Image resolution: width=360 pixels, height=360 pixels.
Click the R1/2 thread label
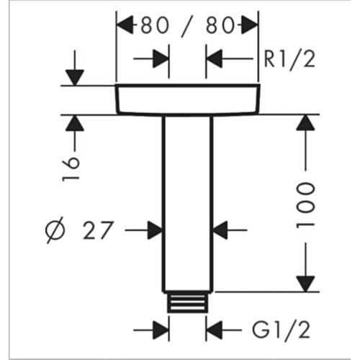289,59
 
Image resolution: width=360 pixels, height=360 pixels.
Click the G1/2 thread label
281,330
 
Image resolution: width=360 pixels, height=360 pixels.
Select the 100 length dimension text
305,206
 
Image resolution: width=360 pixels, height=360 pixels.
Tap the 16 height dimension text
71,169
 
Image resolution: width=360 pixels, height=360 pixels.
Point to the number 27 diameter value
97,230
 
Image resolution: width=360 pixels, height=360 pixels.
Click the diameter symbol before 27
55,230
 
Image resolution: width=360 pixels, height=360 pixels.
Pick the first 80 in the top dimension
155,25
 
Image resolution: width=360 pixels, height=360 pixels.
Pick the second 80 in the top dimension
220,25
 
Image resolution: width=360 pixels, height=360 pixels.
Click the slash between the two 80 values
187,26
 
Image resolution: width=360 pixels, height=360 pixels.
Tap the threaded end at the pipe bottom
187,303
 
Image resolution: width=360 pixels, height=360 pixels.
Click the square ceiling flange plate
187,99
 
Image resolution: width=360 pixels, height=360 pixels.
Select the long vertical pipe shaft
187,204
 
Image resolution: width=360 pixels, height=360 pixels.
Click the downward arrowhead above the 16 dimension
75,77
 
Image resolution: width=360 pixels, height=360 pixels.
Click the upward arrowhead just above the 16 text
75,123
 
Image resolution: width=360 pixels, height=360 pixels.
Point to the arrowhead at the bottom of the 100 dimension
305,284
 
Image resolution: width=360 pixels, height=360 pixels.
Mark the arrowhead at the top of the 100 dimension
305,123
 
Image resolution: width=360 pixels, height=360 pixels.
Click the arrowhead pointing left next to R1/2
215,58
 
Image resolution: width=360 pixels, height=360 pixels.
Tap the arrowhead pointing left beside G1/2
215,330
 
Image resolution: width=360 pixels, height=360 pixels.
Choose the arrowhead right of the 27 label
220,230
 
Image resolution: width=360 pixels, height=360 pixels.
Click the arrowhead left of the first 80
125,24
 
